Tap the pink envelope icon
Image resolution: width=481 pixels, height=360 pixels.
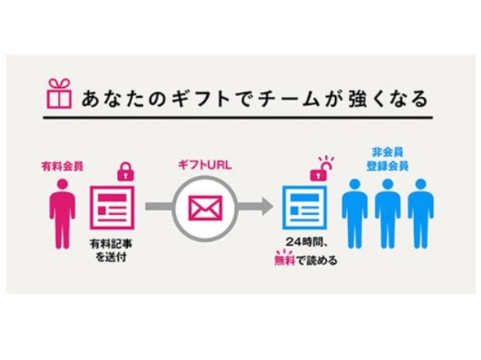[x=205, y=209]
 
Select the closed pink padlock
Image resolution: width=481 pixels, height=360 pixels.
[x=126, y=172]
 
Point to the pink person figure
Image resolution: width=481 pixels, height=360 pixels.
[x=62, y=213]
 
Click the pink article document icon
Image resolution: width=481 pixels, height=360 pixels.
[x=112, y=208]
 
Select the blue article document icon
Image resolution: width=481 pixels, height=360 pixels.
[x=305, y=208]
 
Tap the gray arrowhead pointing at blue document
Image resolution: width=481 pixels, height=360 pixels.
[x=266, y=207]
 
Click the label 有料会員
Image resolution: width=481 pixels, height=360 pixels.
[x=62, y=167]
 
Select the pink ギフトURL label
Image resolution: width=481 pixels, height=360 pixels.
[x=205, y=165]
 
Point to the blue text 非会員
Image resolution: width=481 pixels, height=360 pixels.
[x=387, y=152]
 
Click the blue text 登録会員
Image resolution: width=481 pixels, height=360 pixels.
[x=387, y=166]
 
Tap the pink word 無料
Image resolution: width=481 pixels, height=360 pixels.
[x=285, y=260]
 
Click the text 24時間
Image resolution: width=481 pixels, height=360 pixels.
[x=304, y=243]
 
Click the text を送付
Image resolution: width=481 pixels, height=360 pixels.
[x=112, y=257]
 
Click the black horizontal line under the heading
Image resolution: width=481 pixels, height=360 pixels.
[x=238, y=117]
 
